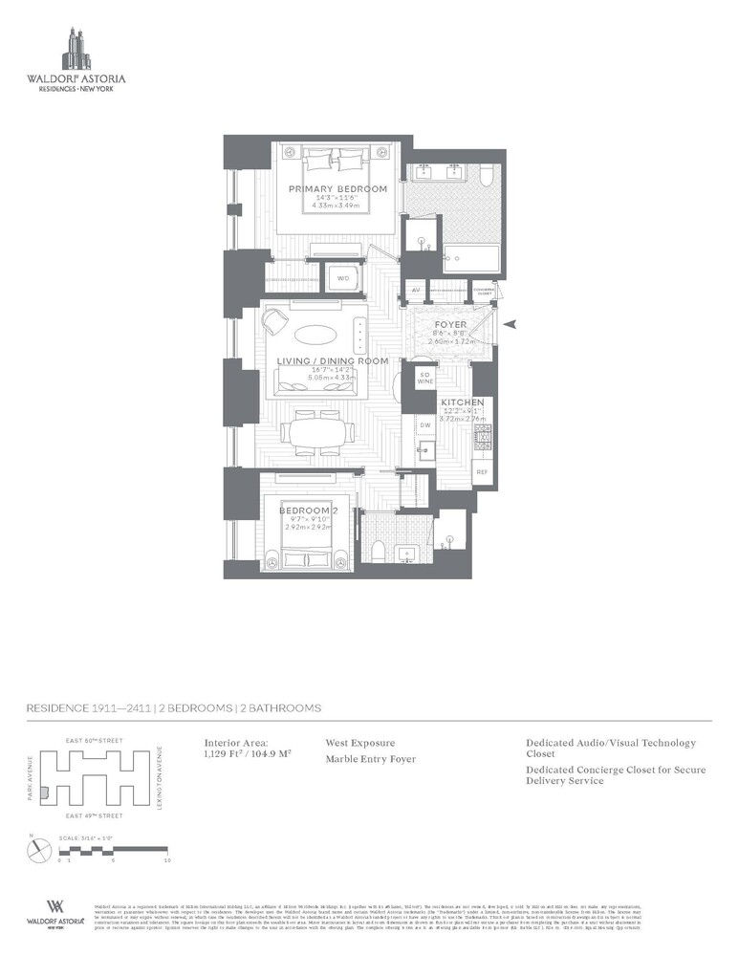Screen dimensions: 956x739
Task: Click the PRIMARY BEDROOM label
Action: tap(337, 189)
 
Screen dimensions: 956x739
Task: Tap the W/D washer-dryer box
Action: tap(340, 278)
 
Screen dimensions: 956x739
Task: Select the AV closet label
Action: tap(416, 290)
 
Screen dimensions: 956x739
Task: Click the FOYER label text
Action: tap(450, 324)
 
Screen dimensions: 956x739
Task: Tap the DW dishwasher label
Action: tap(424, 424)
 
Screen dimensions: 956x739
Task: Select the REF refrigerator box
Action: tap(482, 471)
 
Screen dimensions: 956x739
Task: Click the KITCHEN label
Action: tap(462, 402)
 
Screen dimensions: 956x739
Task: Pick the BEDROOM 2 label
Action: tap(304, 511)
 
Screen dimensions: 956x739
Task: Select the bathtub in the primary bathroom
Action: tap(468, 258)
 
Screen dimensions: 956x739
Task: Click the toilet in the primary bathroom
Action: tap(485, 176)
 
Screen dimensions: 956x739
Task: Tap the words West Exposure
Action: tap(360, 742)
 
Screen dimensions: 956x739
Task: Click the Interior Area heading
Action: tap(237, 742)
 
